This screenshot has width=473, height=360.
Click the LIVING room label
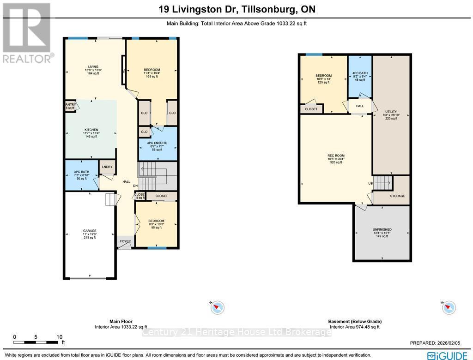pos(93,66)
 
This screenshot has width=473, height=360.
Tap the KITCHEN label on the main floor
pos(91,130)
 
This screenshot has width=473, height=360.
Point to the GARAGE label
pos(90,231)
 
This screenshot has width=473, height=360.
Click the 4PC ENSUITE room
pos(158,146)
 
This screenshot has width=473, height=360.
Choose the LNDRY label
pos(108,167)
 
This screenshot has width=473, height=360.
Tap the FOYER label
pos(125,241)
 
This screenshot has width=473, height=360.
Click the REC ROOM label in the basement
pos(336,156)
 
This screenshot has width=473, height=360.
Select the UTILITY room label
pos(391,112)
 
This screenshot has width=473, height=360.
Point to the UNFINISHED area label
pos(382,229)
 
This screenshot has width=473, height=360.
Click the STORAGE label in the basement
pos(397,196)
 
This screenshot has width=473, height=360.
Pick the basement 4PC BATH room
pos(360,73)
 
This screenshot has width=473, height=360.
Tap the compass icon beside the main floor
pos(217,307)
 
